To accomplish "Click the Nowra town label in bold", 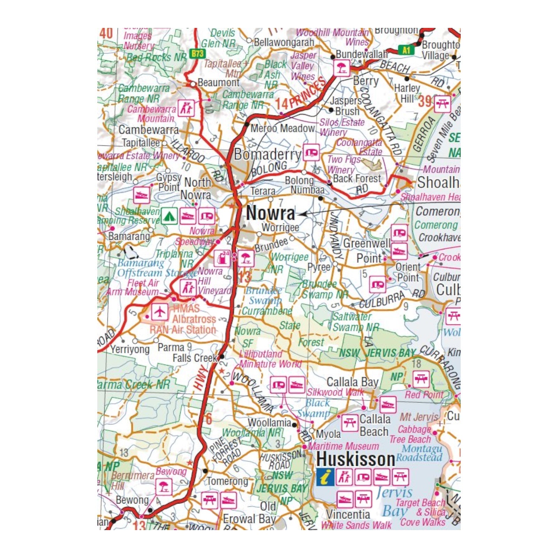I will (270, 213).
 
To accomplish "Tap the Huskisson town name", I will (356, 459).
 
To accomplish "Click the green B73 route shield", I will (197, 53).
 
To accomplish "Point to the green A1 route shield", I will (406, 50).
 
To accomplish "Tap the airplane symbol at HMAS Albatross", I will (160, 311).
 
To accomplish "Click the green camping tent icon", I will (169, 217).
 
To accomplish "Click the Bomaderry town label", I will (267, 154).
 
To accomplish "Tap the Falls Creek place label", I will (195, 358).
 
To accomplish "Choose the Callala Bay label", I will (352, 382).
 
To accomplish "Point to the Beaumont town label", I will (218, 83).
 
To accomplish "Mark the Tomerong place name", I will (227, 481).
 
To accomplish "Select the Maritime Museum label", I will (343, 446).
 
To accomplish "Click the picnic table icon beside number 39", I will (442, 104).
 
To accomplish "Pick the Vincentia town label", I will (348, 514).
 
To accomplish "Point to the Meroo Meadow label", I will (282, 128).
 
